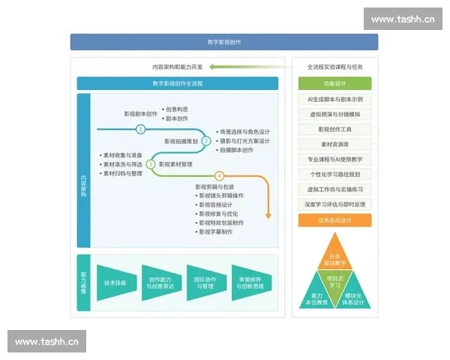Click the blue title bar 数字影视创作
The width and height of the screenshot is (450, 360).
224,42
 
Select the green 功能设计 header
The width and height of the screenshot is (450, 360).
334,83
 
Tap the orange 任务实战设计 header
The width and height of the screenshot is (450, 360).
334,220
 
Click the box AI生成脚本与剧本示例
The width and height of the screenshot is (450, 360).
334,99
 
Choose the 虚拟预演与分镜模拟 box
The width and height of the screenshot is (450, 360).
334,114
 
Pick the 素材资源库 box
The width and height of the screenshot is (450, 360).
334,144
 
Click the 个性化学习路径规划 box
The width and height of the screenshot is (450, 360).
334,174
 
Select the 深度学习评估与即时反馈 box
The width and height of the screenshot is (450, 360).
334,204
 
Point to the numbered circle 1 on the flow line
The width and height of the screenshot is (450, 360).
140,129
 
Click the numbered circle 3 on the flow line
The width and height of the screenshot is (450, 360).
151,163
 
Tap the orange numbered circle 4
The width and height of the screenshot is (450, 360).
220,176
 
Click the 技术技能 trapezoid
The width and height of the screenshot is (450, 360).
115,283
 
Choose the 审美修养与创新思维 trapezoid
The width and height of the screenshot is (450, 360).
251,283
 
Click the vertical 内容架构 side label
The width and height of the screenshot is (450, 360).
83,184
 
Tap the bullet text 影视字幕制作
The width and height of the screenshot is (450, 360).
217,232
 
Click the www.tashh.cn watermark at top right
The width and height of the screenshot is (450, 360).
403,19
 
